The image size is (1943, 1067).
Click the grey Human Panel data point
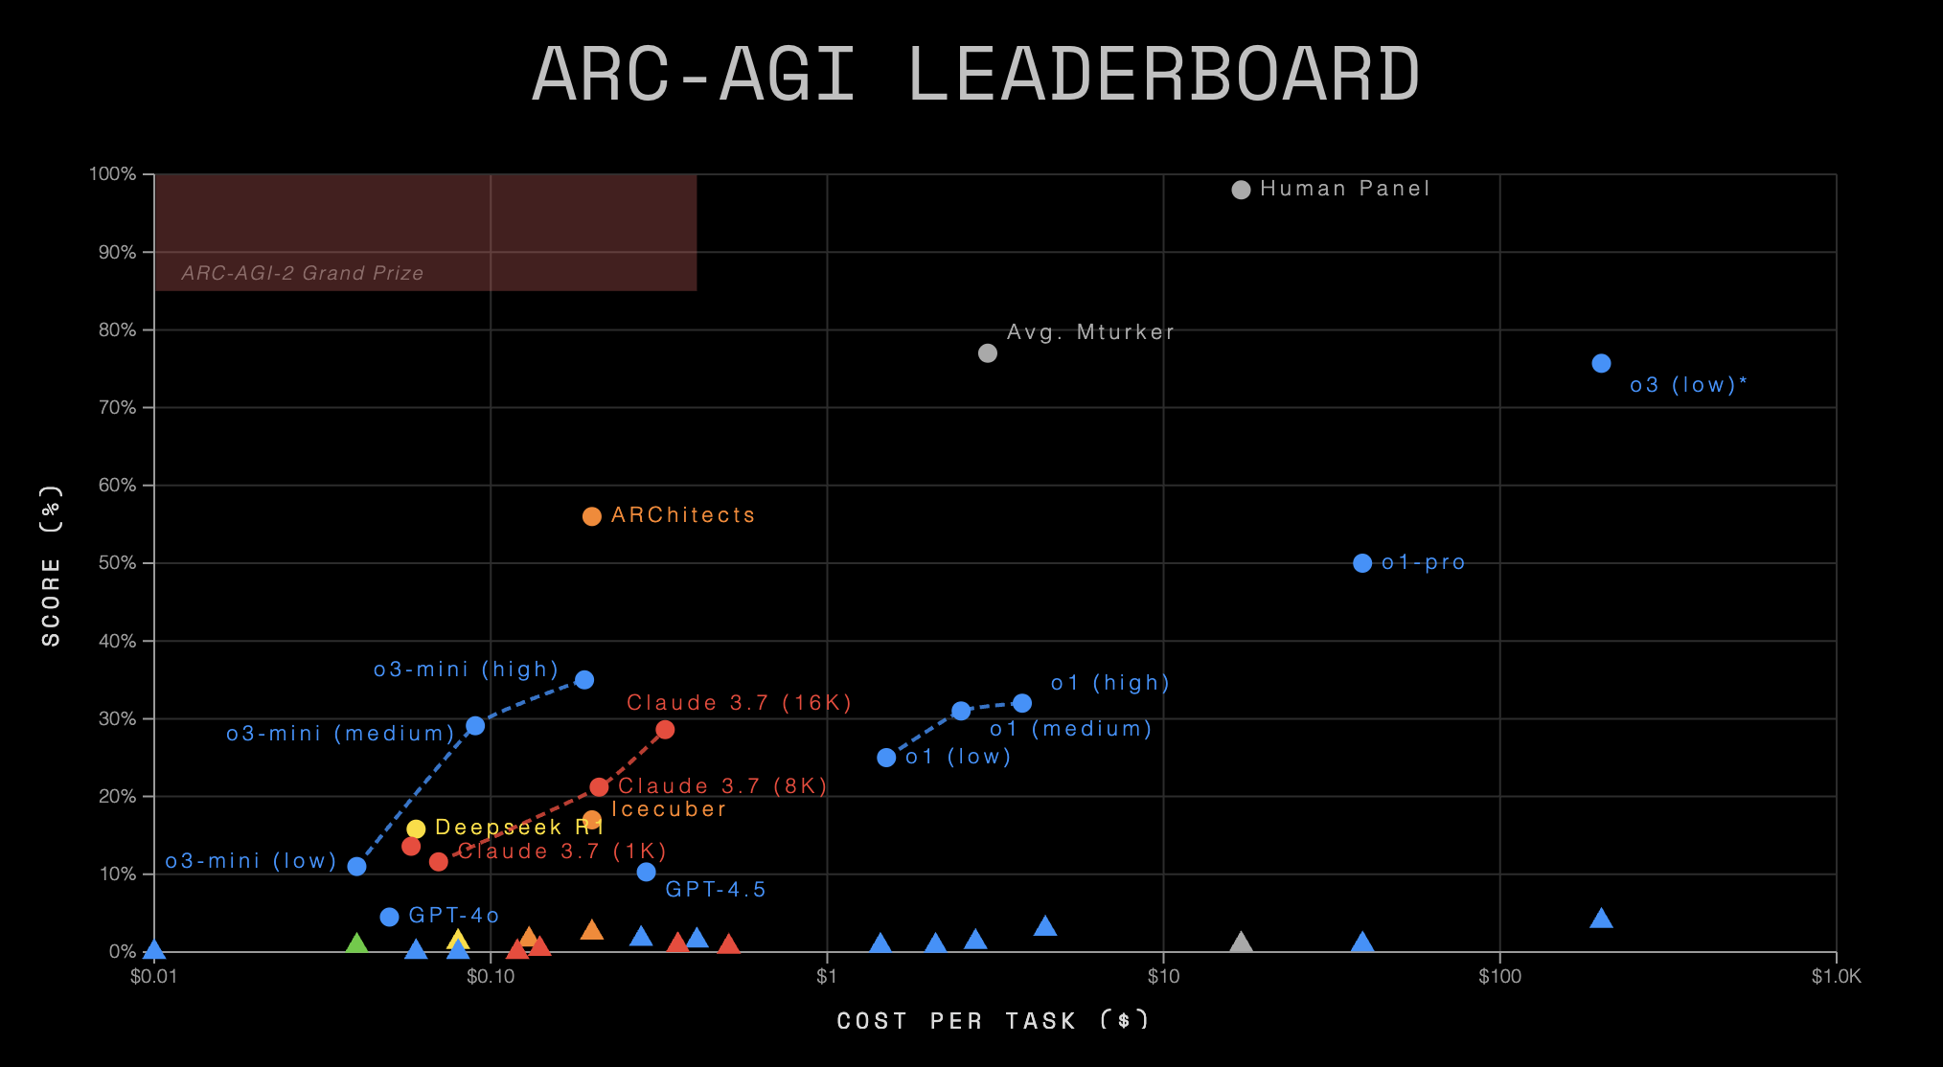click(x=1241, y=190)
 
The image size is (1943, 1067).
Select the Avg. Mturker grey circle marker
click(x=988, y=353)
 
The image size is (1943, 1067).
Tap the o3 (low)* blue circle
click(x=1601, y=363)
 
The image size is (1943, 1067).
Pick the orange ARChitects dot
click(x=592, y=516)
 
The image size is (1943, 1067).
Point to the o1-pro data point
click(x=1362, y=563)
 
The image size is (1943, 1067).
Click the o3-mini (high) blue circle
click(x=584, y=680)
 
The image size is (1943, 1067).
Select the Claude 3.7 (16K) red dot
click(x=665, y=730)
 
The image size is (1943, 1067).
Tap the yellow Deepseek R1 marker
click(x=416, y=829)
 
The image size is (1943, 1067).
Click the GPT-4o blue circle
click(x=389, y=917)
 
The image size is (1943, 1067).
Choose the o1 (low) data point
click(x=886, y=758)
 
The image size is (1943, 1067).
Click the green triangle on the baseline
click(x=356, y=944)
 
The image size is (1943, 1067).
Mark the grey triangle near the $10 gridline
click(x=1241, y=943)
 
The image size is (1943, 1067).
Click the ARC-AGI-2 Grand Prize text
click(x=303, y=273)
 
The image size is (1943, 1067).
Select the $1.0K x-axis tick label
click(x=1836, y=976)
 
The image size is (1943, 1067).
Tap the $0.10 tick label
click(x=491, y=976)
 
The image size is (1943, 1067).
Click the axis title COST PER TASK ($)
click(x=993, y=1020)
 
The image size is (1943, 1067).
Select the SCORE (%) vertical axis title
click(x=52, y=565)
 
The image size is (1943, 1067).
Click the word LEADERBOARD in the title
click(x=1162, y=75)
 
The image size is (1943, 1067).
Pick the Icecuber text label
click(x=669, y=809)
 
